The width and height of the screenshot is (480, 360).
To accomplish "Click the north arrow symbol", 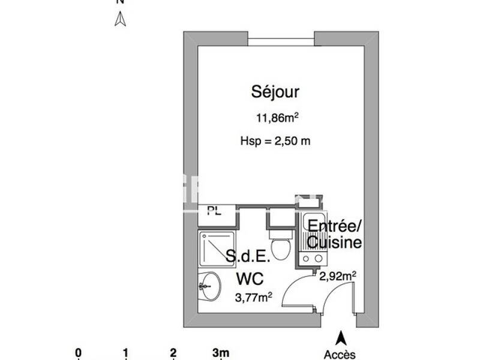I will [x=120, y=20].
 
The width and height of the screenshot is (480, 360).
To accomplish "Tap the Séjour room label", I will [x=275, y=92].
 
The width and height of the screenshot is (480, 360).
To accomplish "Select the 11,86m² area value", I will [x=275, y=118].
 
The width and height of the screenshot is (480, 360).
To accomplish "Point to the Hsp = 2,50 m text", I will [x=275, y=142].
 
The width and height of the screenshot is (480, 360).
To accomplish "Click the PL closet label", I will [x=212, y=210].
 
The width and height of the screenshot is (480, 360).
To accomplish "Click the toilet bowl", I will [x=280, y=246].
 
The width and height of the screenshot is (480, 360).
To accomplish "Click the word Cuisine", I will [x=335, y=242].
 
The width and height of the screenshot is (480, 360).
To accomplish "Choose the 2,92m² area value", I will [x=338, y=276].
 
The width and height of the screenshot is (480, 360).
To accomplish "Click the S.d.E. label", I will [x=248, y=257].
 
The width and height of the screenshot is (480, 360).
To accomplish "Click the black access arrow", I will [x=341, y=337].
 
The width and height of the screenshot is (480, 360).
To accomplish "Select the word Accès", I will [x=340, y=354].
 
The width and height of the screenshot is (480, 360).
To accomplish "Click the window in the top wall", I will [x=281, y=42].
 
